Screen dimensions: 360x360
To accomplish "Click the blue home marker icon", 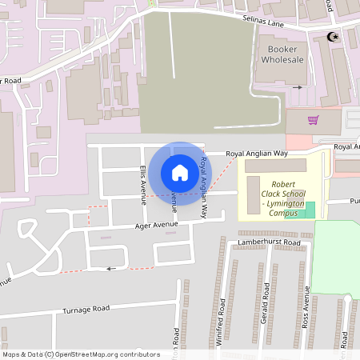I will tap(180, 172).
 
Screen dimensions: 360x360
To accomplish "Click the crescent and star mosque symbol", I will tap(333, 37).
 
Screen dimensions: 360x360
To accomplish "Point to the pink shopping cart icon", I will tap(314, 120).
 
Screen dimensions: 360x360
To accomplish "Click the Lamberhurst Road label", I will tap(268, 242).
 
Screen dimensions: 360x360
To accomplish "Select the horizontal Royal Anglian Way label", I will tap(256, 153).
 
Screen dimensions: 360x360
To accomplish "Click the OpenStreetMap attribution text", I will tap(80, 354).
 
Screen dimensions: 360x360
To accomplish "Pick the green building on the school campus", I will tap(309, 210).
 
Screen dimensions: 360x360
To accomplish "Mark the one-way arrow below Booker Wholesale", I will tap(298, 86).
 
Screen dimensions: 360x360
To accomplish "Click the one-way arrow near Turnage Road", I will tap(112, 269).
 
